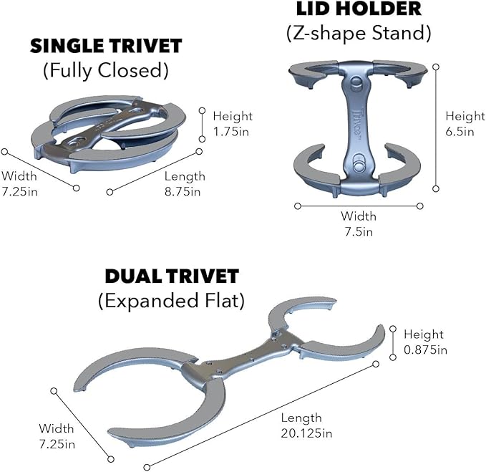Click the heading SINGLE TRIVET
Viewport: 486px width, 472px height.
[x=106, y=46]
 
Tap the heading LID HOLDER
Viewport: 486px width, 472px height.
[x=359, y=9]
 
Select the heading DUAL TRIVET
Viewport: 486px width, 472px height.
[x=172, y=276]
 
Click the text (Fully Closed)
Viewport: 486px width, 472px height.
[x=106, y=70]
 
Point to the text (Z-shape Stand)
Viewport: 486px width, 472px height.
[x=359, y=33]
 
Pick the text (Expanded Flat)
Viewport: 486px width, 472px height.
[x=171, y=301]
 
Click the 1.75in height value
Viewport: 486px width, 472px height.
[x=231, y=132]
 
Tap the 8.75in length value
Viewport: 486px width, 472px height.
[x=183, y=191]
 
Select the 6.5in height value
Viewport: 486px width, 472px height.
[x=460, y=132]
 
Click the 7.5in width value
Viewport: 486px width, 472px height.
[x=359, y=231]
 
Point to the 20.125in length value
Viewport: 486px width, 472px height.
[x=306, y=433]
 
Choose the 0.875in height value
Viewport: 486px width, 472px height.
[x=426, y=350]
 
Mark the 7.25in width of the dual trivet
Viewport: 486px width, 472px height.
[x=57, y=444]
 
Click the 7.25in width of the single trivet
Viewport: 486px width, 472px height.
[x=19, y=191]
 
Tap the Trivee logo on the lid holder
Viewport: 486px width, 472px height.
[x=357, y=121]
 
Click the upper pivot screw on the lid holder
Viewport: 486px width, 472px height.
[x=356, y=83]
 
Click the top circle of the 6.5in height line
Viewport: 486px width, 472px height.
[x=436, y=67]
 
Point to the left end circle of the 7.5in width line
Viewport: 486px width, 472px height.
[x=298, y=206]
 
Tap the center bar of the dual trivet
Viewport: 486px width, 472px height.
[x=243, y=357]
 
